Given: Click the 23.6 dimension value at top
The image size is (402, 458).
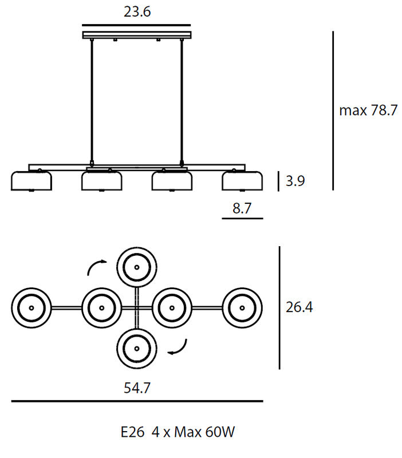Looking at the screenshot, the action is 137,12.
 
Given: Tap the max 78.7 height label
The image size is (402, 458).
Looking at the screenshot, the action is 368,110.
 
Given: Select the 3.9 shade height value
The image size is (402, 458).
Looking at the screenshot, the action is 295,181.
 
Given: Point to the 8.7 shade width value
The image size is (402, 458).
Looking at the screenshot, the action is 242,208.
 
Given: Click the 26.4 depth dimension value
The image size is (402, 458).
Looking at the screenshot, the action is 299,307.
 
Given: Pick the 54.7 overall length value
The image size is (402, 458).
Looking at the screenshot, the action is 137,388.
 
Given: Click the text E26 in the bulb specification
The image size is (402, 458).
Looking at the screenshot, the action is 133,432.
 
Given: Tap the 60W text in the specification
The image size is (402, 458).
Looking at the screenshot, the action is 220,432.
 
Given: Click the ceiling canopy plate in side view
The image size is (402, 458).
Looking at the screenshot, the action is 137,35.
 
